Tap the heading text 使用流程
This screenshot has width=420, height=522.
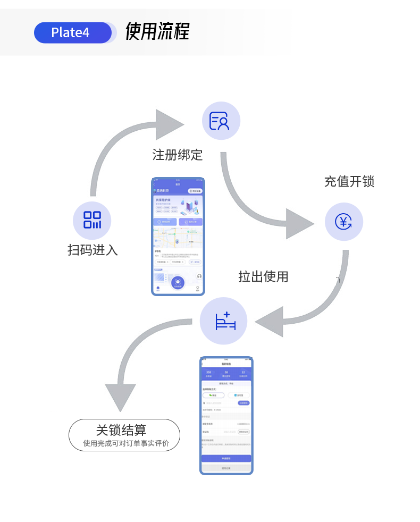[157, 32]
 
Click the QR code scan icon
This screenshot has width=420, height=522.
[92, 220]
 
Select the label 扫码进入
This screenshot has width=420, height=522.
[93, 250]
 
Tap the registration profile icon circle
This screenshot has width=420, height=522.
[221, 121]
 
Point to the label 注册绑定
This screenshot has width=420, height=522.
[178, 155]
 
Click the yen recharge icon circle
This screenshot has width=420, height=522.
[344, 222]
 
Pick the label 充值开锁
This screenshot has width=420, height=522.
[349, 182]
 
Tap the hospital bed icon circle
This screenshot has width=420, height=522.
[224, 321]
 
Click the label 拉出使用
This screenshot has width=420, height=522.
[263, 276]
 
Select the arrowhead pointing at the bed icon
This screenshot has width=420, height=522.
[270, 321]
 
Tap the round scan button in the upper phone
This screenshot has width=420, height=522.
[178, 283]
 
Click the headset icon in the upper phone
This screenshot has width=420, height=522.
[199, 276]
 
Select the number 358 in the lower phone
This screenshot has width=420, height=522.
[208, 372]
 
